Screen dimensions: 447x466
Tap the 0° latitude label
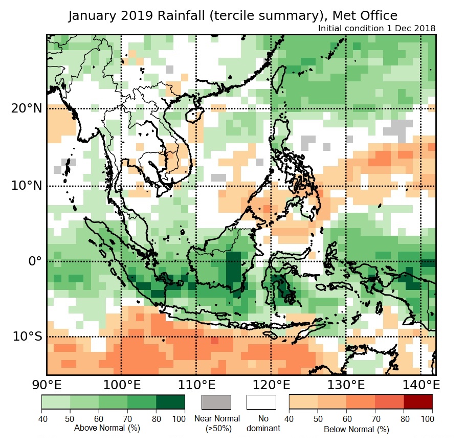pyautogui.click(x=35, y=261)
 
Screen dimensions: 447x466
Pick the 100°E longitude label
pyautogui.click(x=122, y=384)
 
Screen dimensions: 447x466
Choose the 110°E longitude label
pyautogui.click(x=196, y=384)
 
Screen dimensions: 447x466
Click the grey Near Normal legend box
pyautogui.click(x=216, y=402)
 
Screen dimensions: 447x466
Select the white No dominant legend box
pyautogui.click(x=261, y=402)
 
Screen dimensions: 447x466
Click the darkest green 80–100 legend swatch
pyautogui.click(x=171, y=402)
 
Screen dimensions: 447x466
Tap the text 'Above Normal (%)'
pyautogui.click(x=107, y=428)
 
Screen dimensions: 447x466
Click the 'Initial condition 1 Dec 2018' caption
pyautogui.click(x=376, y=28)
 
